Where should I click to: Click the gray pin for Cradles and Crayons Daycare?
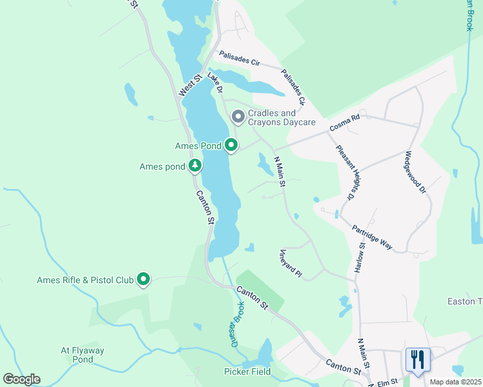point(238,117)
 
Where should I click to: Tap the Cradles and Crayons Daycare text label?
point(282,117)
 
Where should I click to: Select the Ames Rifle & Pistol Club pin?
point(144,279)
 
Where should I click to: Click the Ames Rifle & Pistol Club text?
point(85,280)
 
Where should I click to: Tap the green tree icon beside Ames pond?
point(195,166)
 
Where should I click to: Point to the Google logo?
point(21,379)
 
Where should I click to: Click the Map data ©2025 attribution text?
point(455,382)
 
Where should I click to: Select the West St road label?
point(190,84)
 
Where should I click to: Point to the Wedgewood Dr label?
point(415,172)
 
